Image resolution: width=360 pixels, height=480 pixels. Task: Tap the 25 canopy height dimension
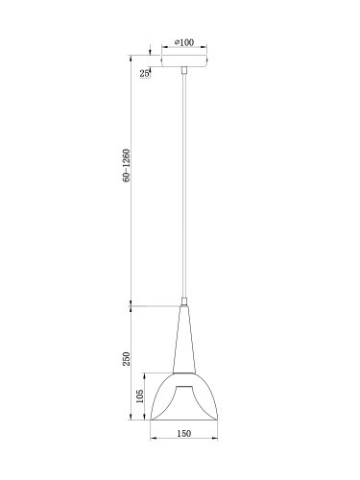click(x=144, y=73)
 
